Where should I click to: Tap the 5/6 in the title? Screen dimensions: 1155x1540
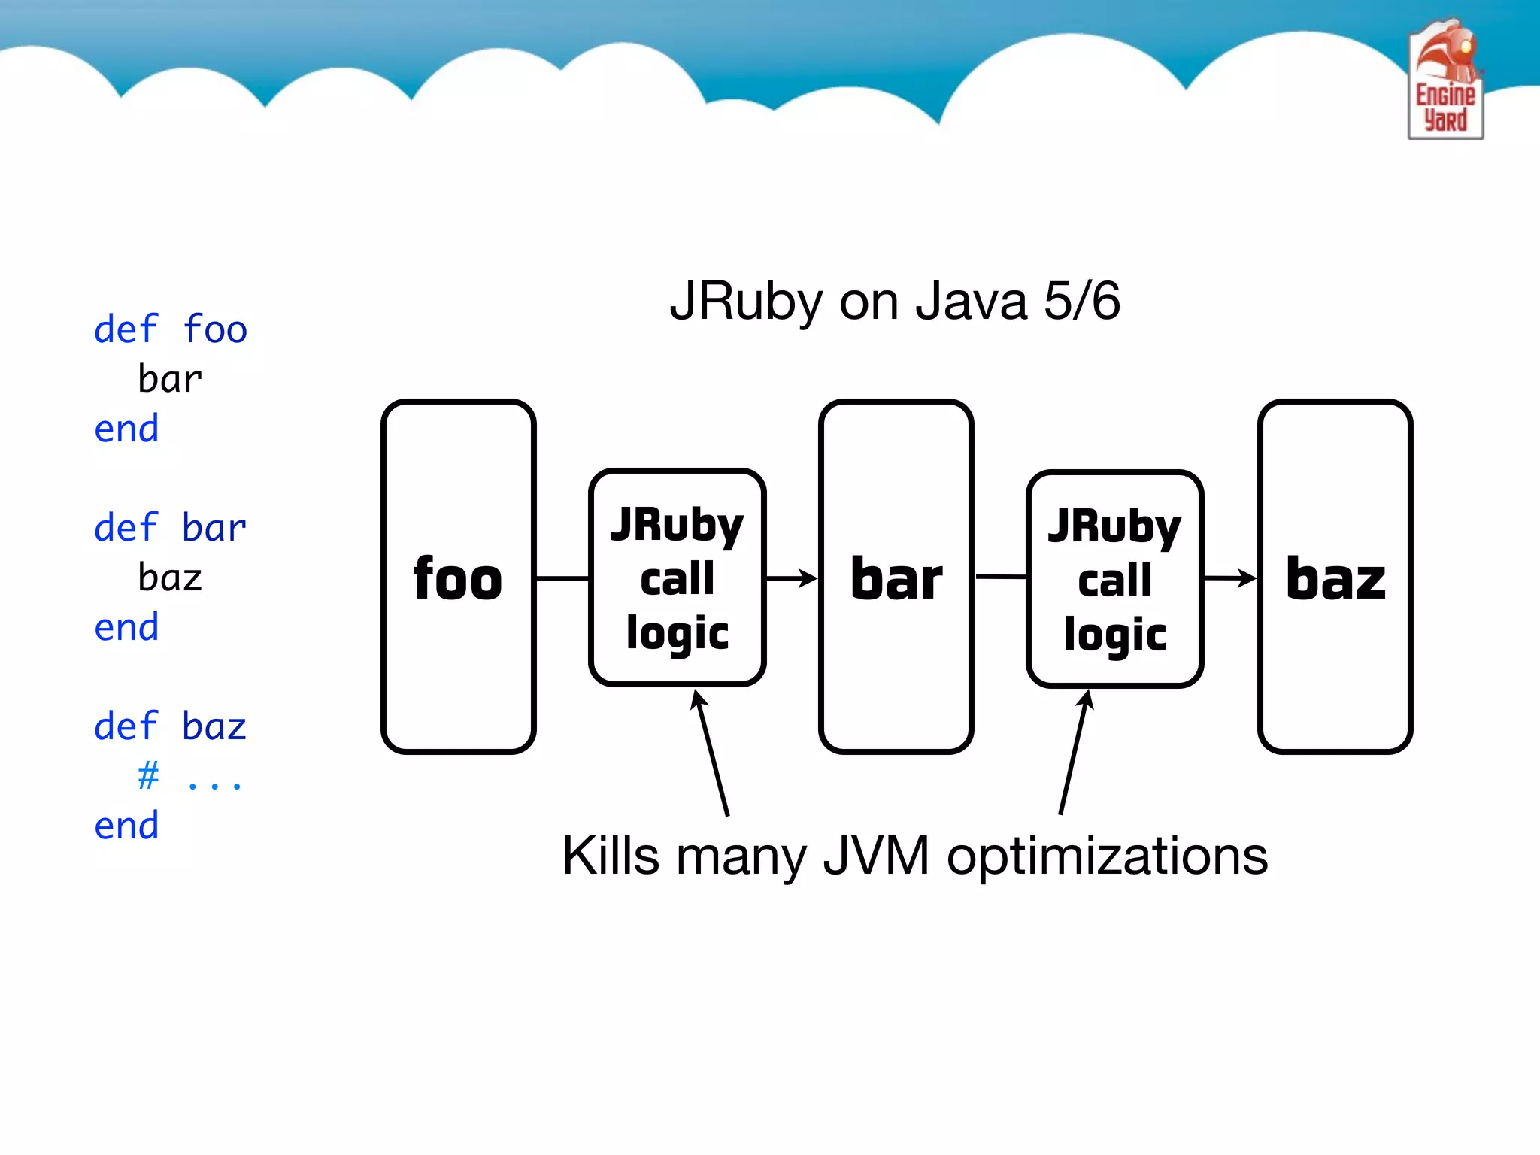(x=1081, y=301)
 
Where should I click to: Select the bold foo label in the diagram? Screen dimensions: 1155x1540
(x=458, y=579)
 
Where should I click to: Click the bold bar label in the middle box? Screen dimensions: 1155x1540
(x=896, y=579)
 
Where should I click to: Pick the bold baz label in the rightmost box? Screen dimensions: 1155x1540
(x=1335, y=579)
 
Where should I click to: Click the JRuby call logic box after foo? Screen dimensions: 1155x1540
(x=677, y=577)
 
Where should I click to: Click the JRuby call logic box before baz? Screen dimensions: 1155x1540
(x=1114, y=579)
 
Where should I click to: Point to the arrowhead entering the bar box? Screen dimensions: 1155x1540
(x=809, y=578)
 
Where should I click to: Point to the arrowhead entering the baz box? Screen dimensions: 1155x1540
(x=1247, y=578)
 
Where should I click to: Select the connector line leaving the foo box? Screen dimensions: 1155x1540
(x=562, y=578)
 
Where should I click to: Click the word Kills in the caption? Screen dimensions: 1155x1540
(x=611, y=856)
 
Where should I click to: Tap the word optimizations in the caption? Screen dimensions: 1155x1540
(x=1107, y=856)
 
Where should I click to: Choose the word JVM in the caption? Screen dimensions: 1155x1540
(x=876, y=856)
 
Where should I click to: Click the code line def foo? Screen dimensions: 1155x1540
(x=171, y=329)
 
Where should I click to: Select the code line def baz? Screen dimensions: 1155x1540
(x=171, y=726)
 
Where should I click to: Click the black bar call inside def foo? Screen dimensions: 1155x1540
(x=170, y=379)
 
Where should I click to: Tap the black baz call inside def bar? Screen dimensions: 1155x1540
(x=170, y=577)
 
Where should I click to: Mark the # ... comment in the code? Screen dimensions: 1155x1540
(x=189, y=776)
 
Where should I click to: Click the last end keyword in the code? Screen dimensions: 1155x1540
(x=126, y=826)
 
